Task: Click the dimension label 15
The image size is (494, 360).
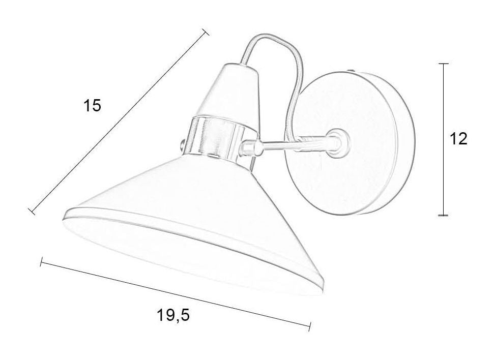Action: (92, 105)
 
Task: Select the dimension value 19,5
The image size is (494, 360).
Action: (173, 315)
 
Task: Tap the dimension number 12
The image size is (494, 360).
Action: (459, 138)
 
